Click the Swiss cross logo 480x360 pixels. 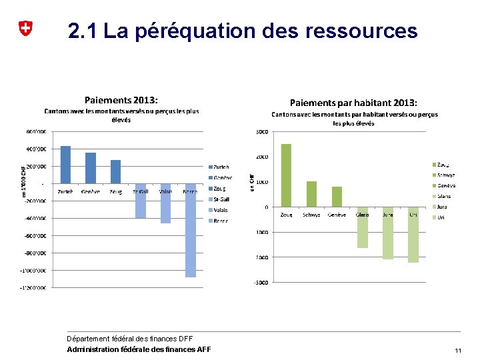[25, 29]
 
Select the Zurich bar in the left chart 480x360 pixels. [65, 165]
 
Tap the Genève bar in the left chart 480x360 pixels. [91, 168]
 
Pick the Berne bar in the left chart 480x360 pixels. [191, 230]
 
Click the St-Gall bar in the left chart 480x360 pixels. [141, 201]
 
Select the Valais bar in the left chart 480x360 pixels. [165, 203]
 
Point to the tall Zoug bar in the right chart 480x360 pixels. [286, 175]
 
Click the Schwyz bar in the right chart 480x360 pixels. [311, 194]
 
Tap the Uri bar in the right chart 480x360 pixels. [413, 235]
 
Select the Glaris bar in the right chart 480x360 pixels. [363, 227]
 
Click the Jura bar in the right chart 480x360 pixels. [388, 233]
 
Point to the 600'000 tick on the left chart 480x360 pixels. [35, 131]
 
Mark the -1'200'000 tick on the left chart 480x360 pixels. [32, 288]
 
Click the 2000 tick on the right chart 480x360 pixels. [262, 157]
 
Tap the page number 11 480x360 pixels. [457, 351]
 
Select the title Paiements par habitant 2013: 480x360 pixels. [353, 103]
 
